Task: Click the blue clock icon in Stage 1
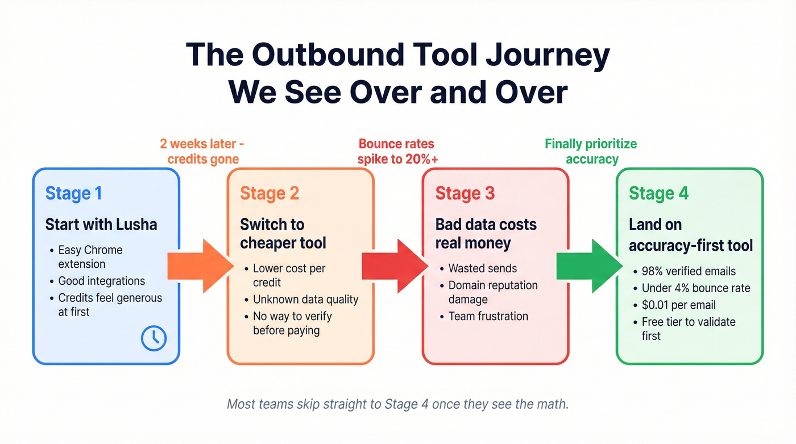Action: (x=154, y=339)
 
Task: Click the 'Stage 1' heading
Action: (x=73, y=193)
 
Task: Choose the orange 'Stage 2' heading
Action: (x=270, y=193)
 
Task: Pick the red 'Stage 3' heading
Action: (x=465, y=193)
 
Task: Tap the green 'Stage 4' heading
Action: (x=658, y=193)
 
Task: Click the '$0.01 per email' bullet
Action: (x=678, y=305)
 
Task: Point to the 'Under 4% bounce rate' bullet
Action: (x=695, y=288)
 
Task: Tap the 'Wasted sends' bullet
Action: (x=483, y=268)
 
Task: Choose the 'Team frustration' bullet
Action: (x=488, y=316)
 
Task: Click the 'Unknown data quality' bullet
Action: (x=305, y=299)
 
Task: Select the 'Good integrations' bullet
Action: (x=101, y=281)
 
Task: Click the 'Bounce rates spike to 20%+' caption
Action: (x=397, y=151)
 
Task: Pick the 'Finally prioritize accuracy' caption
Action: (x=591, y=151)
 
